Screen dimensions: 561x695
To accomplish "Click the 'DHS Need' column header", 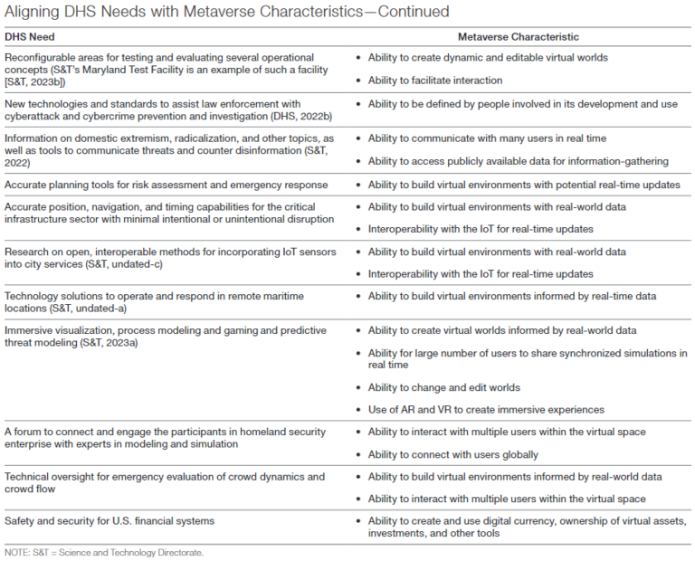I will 30,37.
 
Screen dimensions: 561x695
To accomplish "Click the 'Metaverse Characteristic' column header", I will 518,37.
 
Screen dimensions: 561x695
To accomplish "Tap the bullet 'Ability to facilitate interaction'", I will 434,81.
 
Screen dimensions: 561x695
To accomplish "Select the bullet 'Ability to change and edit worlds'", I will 443,387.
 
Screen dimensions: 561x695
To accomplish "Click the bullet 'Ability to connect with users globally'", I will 452,454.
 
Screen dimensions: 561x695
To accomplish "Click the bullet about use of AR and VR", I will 486,410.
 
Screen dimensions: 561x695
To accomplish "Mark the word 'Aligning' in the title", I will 31,12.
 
